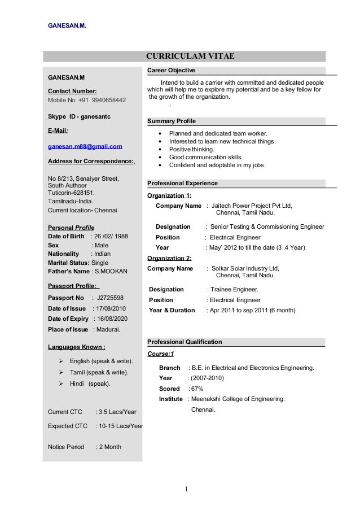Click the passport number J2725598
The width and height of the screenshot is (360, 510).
point(111,298)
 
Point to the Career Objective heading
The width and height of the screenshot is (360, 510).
point(171,71)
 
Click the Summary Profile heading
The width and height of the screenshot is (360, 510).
point(172,121)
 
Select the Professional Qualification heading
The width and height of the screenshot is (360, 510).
point(185,342)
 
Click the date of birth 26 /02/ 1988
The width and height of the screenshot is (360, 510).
point(111,236)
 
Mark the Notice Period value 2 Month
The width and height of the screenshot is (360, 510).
point(111,447)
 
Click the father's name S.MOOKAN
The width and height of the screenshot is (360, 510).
point(111,271)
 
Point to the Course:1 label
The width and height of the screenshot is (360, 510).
point(161,354)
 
